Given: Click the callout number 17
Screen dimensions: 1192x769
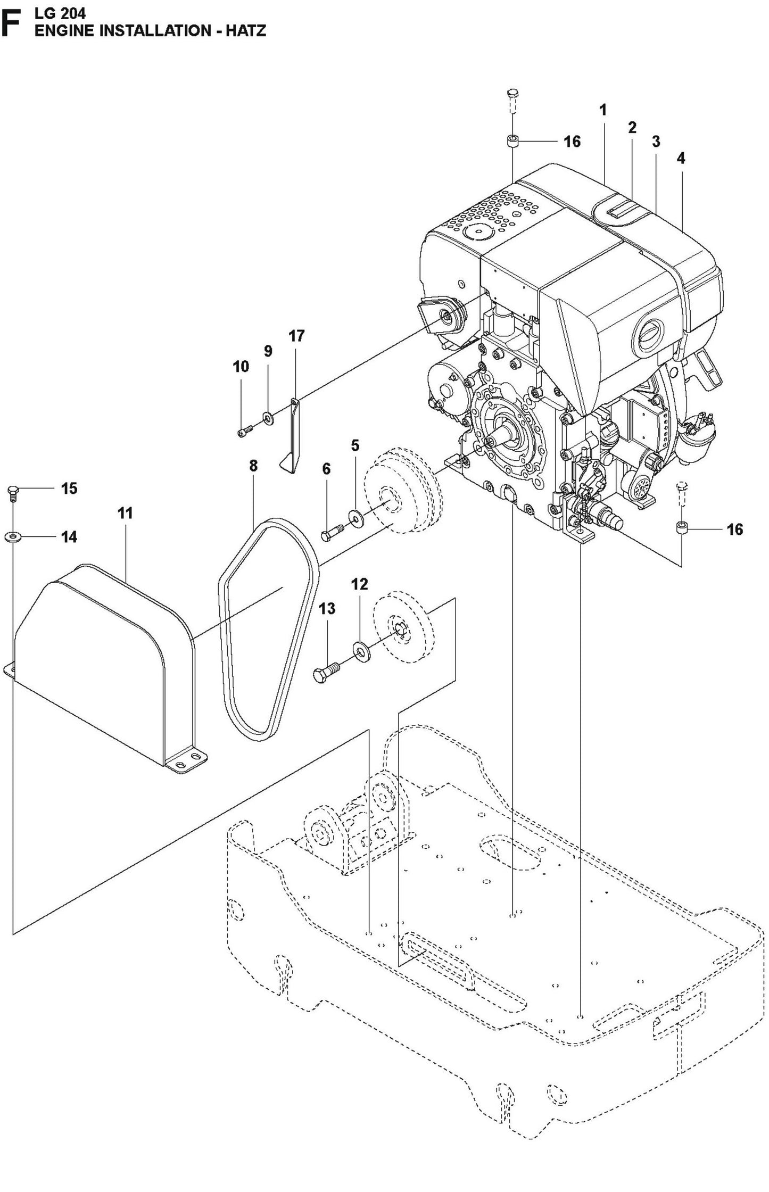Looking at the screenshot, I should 296,336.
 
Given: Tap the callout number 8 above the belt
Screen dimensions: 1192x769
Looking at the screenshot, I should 253,466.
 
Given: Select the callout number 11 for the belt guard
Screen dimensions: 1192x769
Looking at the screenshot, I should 125,513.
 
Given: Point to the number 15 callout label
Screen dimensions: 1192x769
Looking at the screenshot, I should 69,488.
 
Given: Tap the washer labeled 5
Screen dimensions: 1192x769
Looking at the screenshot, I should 354,516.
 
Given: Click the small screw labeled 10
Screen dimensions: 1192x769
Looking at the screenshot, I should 244,433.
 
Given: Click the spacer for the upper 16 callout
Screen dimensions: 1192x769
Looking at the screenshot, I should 512,142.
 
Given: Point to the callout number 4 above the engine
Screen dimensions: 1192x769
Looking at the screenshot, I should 681,158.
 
